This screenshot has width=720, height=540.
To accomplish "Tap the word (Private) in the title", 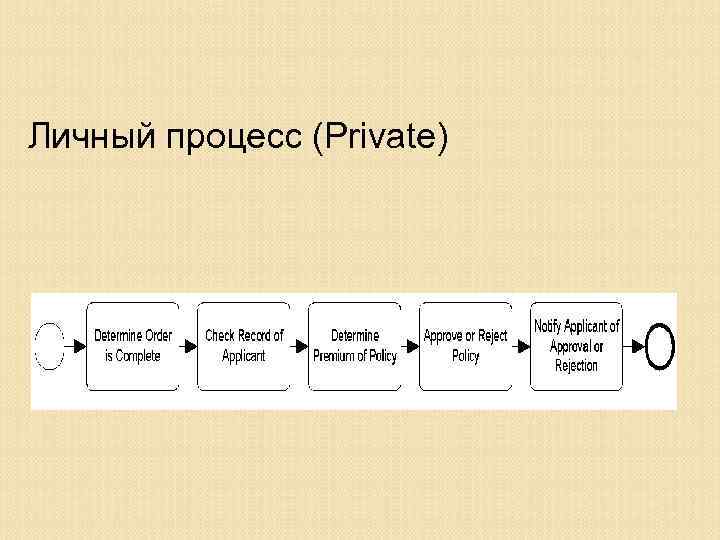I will tap(379, 137).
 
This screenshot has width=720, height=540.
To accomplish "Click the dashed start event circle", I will tap(49, 346).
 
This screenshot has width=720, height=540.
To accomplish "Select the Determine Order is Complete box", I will tap(131, 346).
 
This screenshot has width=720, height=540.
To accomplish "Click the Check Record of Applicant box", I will tap(243, 346).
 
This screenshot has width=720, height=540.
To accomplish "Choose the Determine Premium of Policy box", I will tap(354, 346).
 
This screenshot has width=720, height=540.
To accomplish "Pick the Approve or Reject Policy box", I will tap(465, 346).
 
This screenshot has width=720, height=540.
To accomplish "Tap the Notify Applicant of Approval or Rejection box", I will tap(576, 346).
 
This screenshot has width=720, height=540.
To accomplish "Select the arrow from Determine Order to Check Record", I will tap(187, 346).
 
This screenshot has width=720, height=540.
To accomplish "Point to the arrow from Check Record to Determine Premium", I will tap(298, 346).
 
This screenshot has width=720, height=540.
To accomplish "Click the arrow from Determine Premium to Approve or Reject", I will tap(410, 346).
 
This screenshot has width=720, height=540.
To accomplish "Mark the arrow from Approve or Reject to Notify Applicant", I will tap(521, 346).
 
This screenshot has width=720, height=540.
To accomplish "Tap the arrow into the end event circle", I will tap(633, 346).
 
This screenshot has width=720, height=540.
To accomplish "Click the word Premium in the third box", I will tap(336, 357).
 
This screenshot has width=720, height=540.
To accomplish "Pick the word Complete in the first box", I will tap(138, 357).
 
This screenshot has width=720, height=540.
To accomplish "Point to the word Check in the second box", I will tap(220, 336).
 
